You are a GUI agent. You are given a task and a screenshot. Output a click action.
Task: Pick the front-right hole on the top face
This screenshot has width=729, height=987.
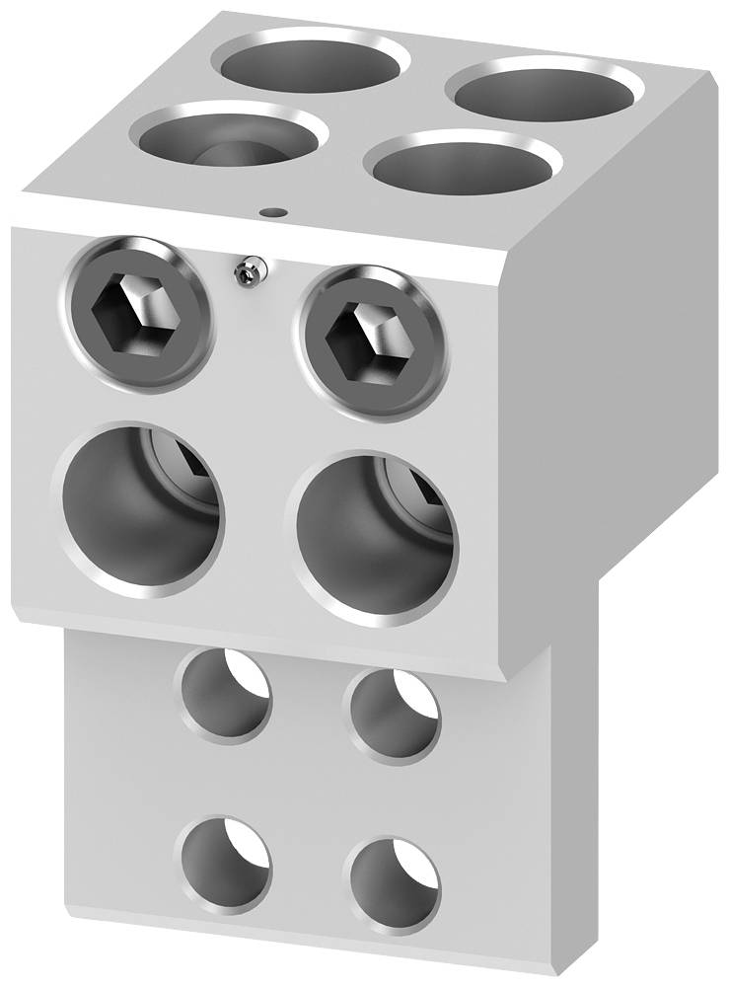(x=459, y=169)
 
